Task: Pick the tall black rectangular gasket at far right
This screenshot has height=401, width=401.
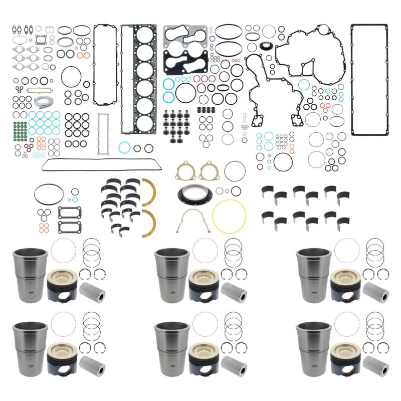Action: pos(369,30)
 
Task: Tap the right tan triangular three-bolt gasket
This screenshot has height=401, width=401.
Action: pos(208,171)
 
